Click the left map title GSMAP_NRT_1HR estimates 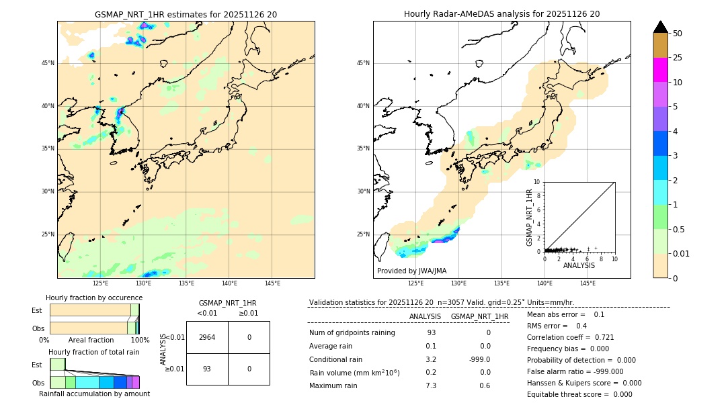(x=186, y=14)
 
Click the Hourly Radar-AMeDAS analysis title (x=501, y=14)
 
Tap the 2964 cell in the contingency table (x=207, y=337)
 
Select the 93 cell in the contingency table (x=207, y=369)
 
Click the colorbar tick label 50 (x=678, y=34)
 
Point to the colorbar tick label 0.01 (x=680, y=253)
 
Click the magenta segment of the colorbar (x=660, y=70)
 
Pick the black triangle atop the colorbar (x=660, y=27)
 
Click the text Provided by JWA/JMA (x=411, y=271)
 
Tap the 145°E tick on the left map (x=272, y=284)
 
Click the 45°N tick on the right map (x=363, y=63)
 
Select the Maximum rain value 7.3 (x=431, y=385)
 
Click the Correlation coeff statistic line (x=570, y=337)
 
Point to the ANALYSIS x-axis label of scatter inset (x=579, y=266)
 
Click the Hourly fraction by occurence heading (x=94, y=298)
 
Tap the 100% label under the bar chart (x=140, y=340)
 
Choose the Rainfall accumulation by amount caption (x=94, y=394)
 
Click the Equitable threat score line (x=579, y=394)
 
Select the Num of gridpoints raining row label (x=352, y=333)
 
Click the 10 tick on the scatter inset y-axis (x=537, y=182)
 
